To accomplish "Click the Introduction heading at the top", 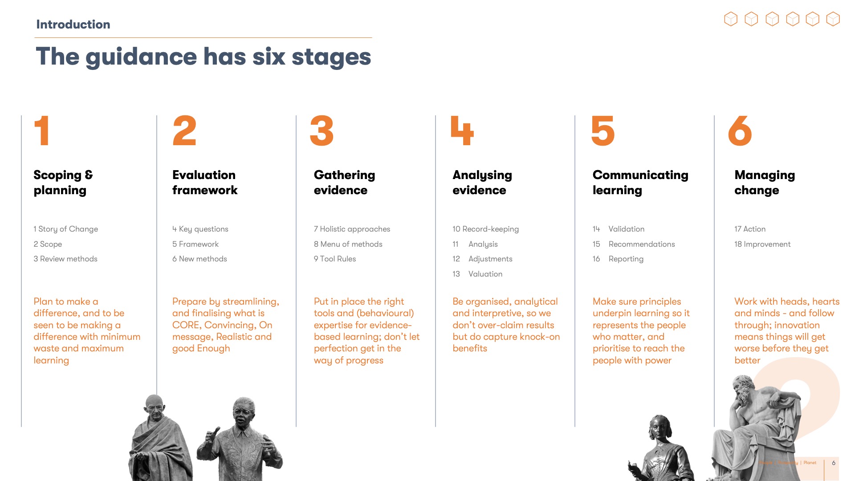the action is click(x=73, y=24).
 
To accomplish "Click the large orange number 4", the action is click(x=462, y=130).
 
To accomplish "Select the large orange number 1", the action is click(x=42, y=130).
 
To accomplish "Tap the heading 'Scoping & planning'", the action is click(x=63, y=183).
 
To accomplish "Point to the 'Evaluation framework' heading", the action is click(x=205, y=183).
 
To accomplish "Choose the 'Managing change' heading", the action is click(x=765, y=183).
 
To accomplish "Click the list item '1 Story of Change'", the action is click(x=66, y=229).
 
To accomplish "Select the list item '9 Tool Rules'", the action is click(x=335, y=259).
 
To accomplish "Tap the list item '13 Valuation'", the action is click(x=477, y=274).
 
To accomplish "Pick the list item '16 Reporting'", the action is click(x=618, y=259).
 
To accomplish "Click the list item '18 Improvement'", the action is click(x=762, y=244).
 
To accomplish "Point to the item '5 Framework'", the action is click(x=195, y=244).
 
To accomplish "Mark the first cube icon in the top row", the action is click(x=731, y=19).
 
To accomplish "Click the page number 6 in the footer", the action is click(x=834, y=463).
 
